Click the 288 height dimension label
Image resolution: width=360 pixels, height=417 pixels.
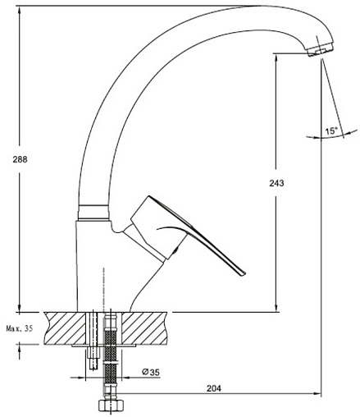click(x=20, y=159)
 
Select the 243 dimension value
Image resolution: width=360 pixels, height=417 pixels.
click(x=276, y=183)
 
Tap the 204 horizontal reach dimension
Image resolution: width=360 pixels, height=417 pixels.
click(x=214, y=388)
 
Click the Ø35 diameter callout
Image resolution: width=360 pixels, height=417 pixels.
click(x=151, y=372)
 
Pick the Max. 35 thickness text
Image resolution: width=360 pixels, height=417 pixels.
click(x=20, y=328)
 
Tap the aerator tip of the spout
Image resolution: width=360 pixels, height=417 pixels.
click(x=320, y=50)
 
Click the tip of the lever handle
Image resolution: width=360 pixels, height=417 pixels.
click(x=243, y=273)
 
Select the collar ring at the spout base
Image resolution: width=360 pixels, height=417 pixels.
click(x=93, y=212)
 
